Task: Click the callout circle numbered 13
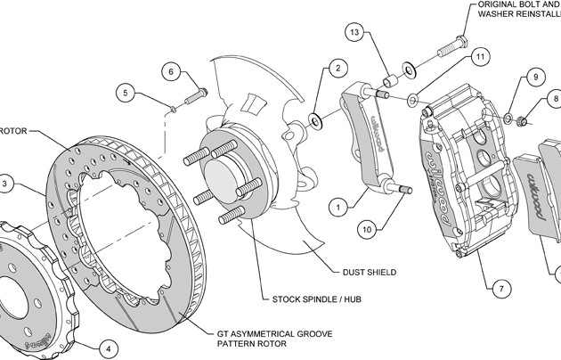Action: point(354,33)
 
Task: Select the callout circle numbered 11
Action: point(479,57)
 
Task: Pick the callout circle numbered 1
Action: point(337,207)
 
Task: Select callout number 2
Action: point(336,67)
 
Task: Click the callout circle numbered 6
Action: point(173,72)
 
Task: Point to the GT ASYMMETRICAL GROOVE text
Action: point(274,332)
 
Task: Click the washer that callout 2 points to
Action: point(316,118)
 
